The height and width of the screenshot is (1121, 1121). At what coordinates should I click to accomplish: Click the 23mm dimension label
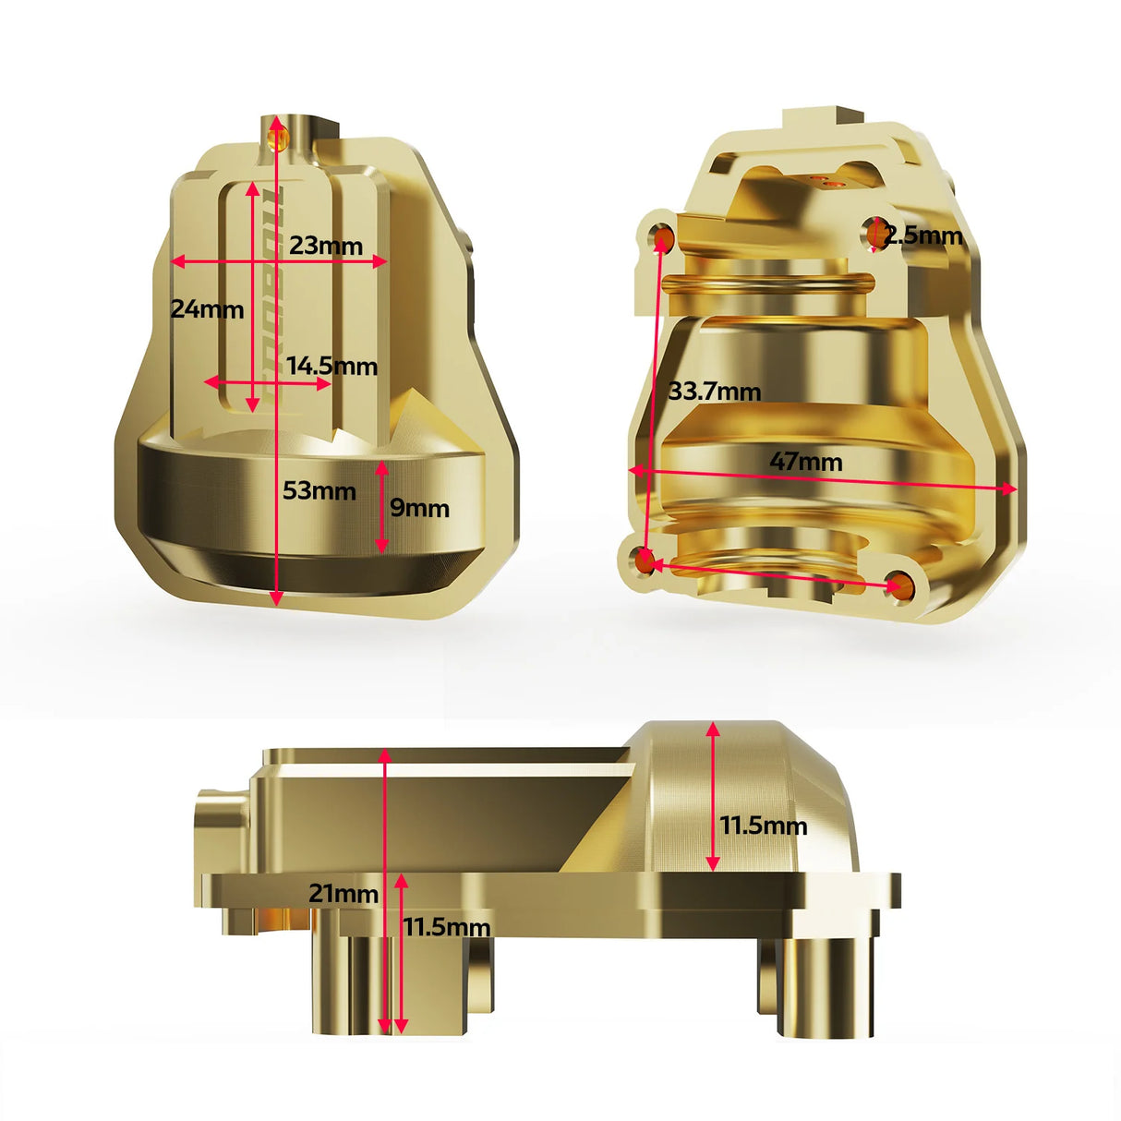[325, 246]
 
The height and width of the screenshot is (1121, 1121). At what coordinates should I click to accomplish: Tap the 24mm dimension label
[207, 309]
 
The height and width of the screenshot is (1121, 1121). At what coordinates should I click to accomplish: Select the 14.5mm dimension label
[331, 367]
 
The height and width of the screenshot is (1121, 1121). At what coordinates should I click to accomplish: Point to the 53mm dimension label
[319, 491]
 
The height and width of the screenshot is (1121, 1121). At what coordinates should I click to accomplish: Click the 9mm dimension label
[419, 508]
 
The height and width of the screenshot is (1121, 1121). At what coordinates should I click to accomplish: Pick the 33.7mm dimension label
[715, 392]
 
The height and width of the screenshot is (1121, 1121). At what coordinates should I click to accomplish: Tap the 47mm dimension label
[806, 462]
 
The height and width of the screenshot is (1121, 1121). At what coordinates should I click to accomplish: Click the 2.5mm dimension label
[923, 235]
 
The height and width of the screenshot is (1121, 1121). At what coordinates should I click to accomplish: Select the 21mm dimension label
[344, 894]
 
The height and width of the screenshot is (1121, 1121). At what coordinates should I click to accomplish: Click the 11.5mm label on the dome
[764, 826]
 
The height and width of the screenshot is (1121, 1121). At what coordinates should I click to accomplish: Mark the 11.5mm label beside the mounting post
[447, 927]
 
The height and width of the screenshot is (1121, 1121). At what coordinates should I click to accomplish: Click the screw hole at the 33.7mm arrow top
[663, 238]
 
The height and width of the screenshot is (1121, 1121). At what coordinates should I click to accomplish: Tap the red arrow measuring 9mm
[381, 508]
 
